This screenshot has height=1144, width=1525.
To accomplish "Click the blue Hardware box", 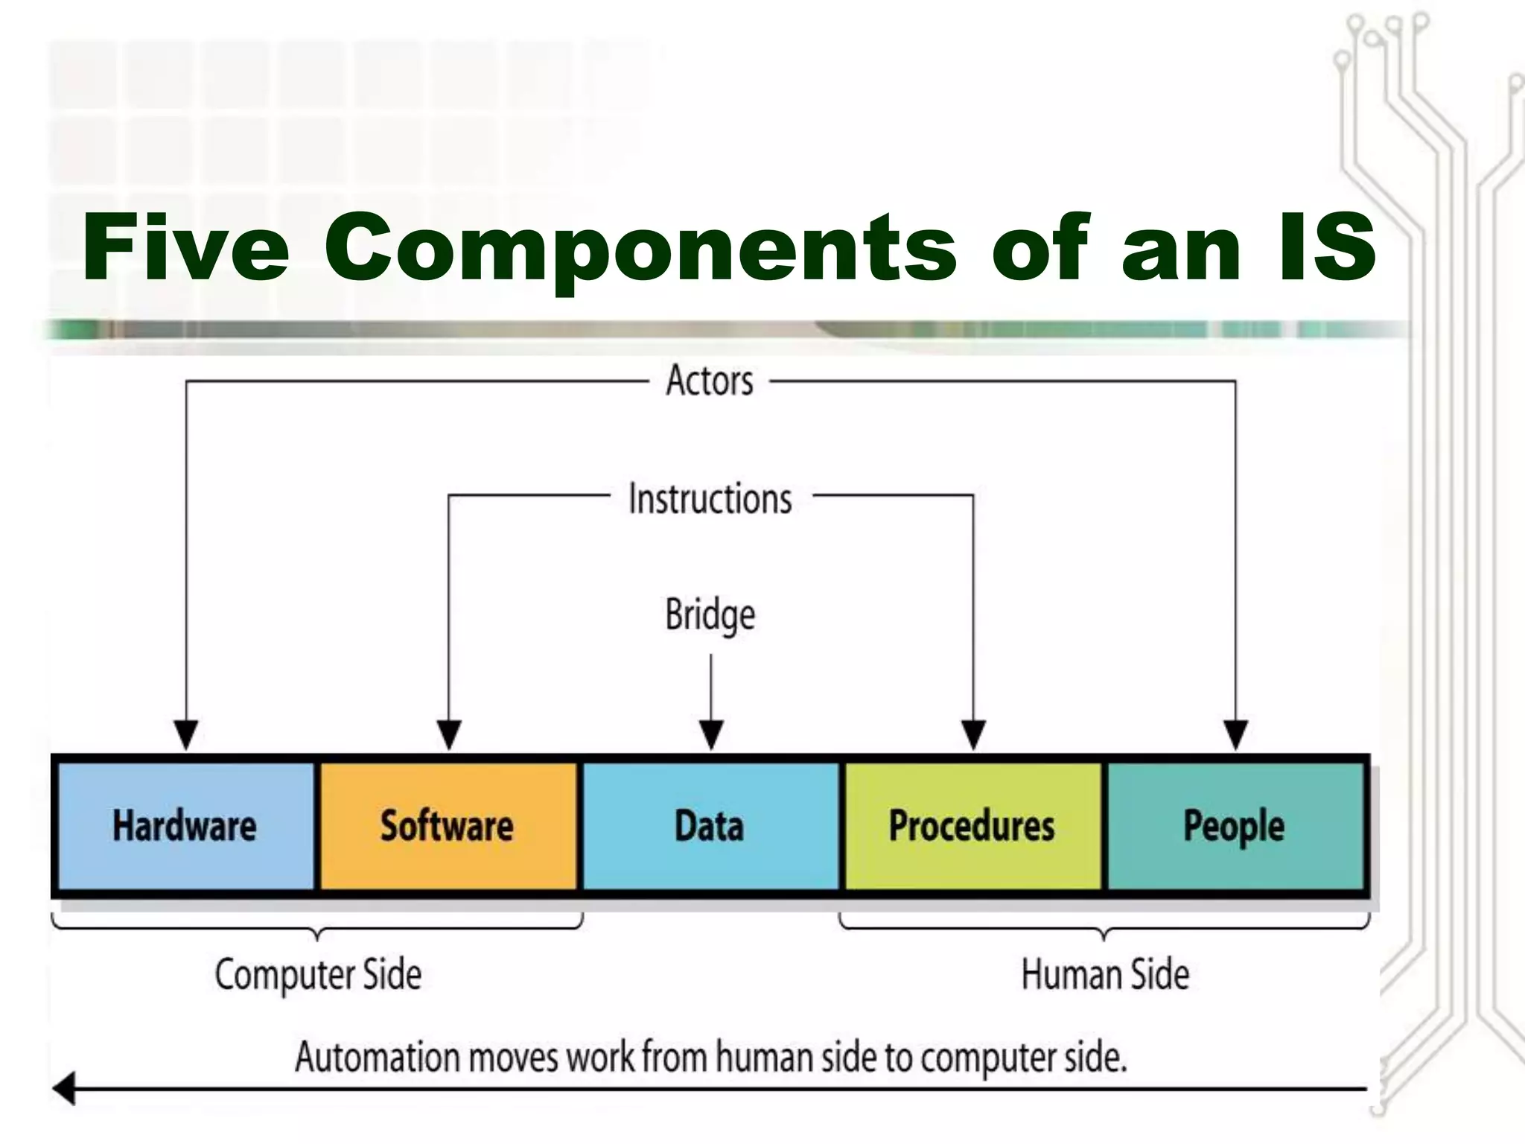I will (x=185, y=825).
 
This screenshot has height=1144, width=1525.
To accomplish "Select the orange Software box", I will (x=448, y=825).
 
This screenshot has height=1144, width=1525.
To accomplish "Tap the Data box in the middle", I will (x=710, y=825).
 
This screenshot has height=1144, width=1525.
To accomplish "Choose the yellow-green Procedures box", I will (x=972, y=825).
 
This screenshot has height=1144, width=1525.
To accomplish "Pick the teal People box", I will (x=1235, y=825).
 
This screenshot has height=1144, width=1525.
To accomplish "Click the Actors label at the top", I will (x=710, y=381).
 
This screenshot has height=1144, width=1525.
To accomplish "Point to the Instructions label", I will (x=710, y=498).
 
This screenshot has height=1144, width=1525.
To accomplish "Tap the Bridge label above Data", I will (x=710, y=615).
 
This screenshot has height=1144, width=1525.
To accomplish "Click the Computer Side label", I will (x=319, y=974).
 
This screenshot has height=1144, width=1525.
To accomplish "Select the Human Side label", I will (x=1105, y=974).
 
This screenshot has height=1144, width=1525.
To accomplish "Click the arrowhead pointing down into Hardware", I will (x=185, y=734).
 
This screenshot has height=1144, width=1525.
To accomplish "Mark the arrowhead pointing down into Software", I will (x=448, y=734).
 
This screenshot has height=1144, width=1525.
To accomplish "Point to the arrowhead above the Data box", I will (x=711, y=734).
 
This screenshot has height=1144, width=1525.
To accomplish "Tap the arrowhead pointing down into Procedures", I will (x=973, y=734).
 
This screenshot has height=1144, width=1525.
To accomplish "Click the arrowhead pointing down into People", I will (x=1236, y=734).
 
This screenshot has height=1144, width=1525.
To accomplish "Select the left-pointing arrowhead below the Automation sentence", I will (x=66, y=1089).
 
